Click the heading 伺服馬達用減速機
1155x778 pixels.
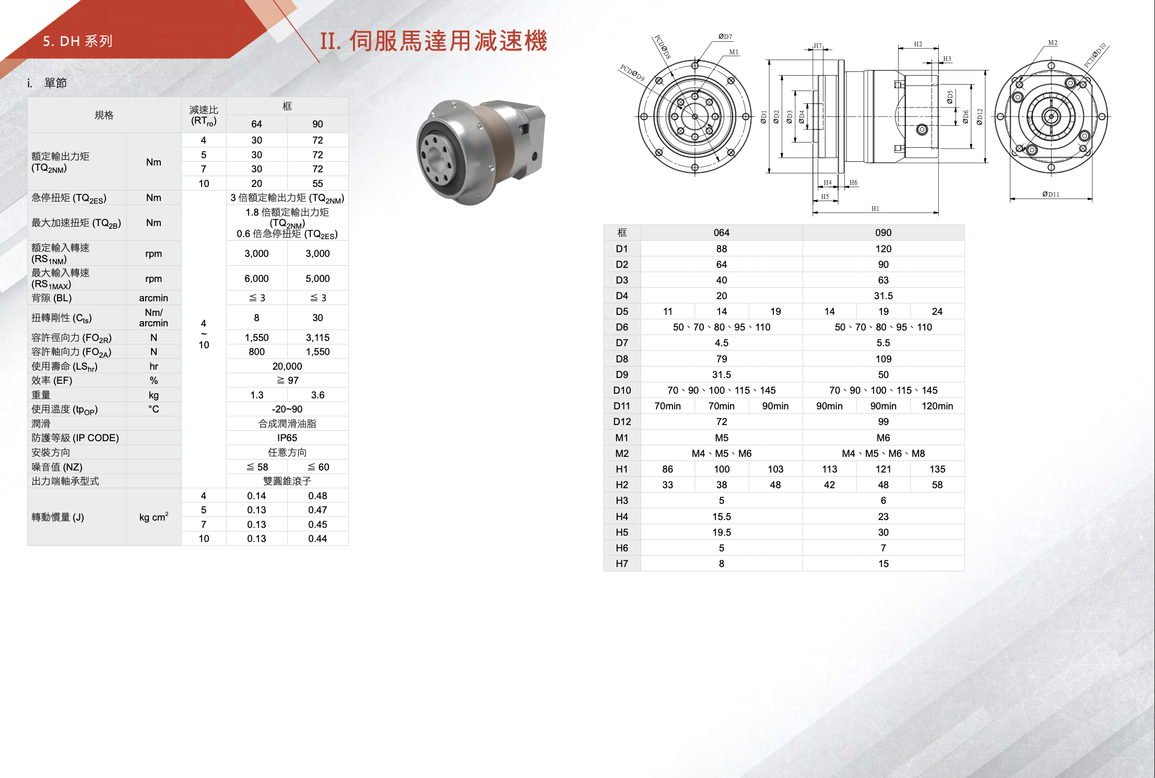[448, 41]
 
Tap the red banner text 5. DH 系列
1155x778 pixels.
[78, 41]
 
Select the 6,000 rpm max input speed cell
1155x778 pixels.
[256, 278]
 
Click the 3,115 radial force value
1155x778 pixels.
[317, 337]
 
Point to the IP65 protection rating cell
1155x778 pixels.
[287, 438]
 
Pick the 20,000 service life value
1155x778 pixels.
[287, 366]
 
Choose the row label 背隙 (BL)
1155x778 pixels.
[52, 298]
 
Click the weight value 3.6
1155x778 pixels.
[317, 395]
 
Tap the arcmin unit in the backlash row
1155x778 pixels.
[154, 298]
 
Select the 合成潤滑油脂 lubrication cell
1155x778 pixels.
[287, 423]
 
